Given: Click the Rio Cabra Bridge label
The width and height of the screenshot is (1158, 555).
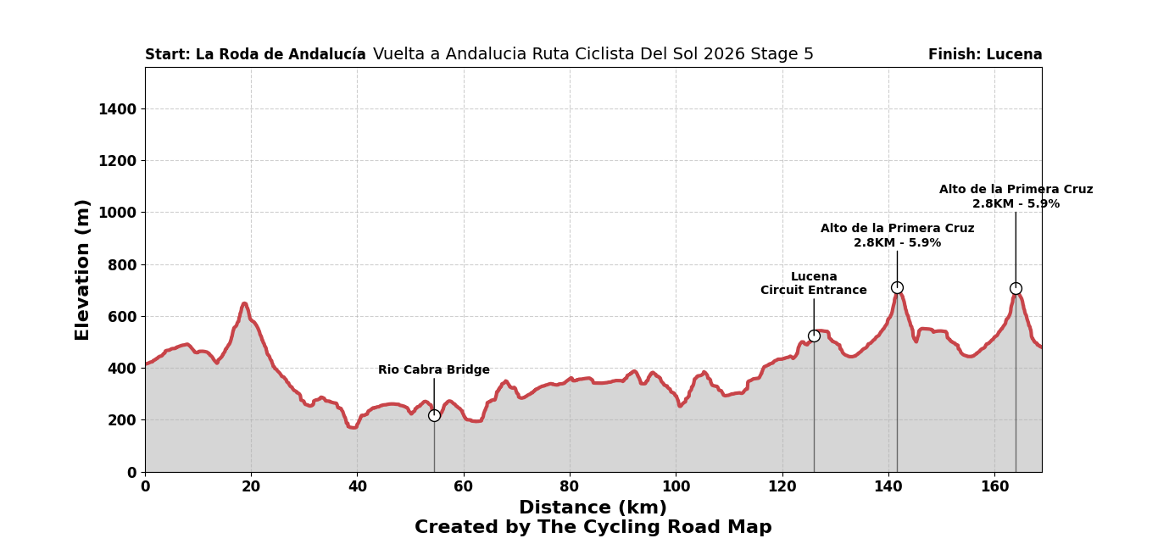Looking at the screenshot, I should coord(433,370).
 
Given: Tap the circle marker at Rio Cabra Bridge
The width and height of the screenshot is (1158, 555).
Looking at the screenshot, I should coord(434,415).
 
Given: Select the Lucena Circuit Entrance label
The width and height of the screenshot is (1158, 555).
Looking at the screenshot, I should coord(813,284).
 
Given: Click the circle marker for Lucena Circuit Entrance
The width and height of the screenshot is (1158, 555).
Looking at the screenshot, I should coord(814,336).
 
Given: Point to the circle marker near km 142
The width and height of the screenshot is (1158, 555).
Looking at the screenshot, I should coord(897,288).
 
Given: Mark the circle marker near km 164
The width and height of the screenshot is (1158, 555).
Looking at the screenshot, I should coord(1016,289).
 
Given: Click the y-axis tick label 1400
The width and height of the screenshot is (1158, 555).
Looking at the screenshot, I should coord(117,109).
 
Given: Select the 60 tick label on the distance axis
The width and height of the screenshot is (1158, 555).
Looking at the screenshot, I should coord(463,487).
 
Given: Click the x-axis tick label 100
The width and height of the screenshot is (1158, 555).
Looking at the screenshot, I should coord(676,487).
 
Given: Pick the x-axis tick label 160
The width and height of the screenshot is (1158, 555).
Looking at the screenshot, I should coord(994,487).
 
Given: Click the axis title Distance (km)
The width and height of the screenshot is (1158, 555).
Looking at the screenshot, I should coord(593,508).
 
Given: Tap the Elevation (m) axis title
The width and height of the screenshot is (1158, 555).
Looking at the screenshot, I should coord(83,269).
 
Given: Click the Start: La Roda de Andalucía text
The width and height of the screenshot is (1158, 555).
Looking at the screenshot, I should coord(255,55).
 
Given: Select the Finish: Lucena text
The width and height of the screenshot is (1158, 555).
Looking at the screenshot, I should coord(985,55).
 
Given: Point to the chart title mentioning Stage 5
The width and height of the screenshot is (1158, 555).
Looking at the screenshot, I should coord(593,54).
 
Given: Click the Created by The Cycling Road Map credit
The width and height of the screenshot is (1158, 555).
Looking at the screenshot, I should coord(593,528).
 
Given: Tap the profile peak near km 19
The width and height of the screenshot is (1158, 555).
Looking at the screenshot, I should coord(244,303).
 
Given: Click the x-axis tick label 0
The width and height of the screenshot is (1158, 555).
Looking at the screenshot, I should coord(145,487).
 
